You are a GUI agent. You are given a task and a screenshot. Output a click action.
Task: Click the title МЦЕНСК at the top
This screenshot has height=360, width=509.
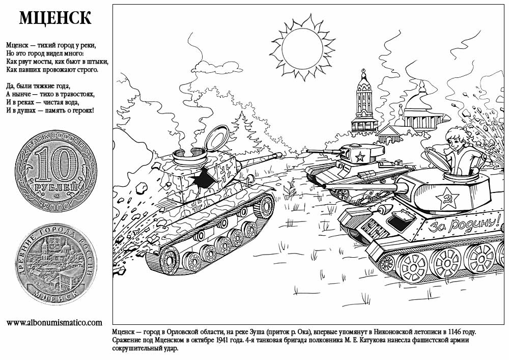click(55, 18)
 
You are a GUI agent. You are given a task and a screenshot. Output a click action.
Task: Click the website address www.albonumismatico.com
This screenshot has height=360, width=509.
click(54, 322)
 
